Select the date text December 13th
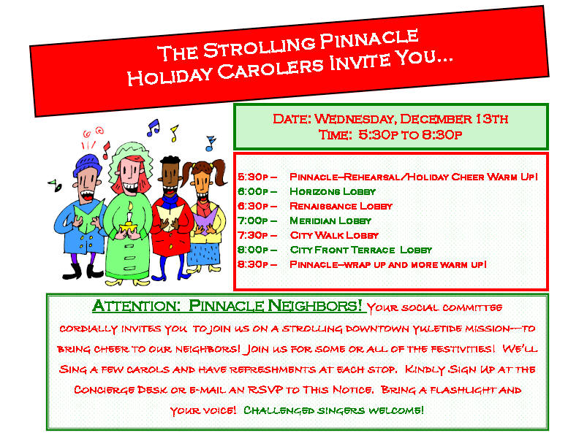pos(454,119)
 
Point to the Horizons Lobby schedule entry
pos(333,191)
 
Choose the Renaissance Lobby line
pos(341,206)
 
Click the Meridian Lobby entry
pos(330,220)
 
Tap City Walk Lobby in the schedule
pos(334,235)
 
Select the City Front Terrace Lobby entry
pos(361,250)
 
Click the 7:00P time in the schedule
pos(253,220)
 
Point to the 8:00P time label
pos(253,250)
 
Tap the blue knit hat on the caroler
pos(87,164)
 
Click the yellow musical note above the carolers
pos(174,133)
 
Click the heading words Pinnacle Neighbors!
pos(276,306)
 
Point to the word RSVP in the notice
pos(265,390)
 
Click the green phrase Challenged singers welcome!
pos(333,410)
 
